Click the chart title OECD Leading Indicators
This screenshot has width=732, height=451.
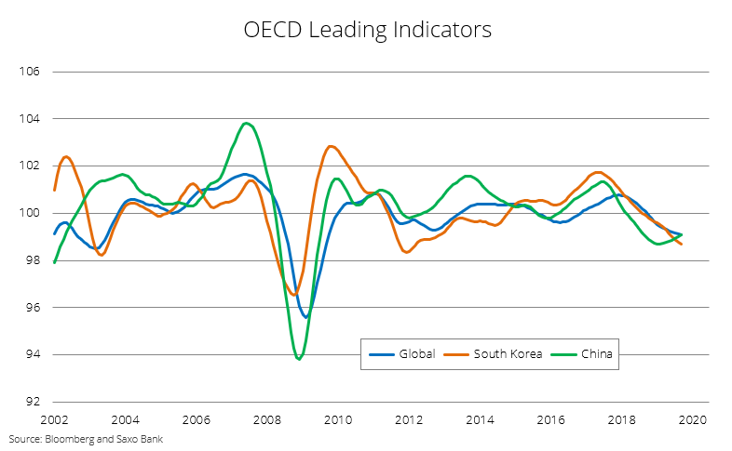[x=366, y=30]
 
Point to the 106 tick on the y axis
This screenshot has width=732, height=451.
[x=30, y=72]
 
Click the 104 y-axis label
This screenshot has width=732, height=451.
[x=30, y=119]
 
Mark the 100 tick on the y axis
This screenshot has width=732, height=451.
[x=30, y=213]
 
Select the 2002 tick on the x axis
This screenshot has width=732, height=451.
[x=54, y=419]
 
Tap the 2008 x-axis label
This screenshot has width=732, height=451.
[x=267, y=419]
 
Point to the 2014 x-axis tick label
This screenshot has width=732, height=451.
[x=480, y=419]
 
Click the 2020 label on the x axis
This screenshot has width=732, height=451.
[x=692, y=419]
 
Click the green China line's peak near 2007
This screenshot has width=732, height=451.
[x=246, y=123]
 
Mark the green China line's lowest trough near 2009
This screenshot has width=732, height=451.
[x=299, y=359]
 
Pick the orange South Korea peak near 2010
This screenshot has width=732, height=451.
[x=331, y=146]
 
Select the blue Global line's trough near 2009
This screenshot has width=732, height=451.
[x=305, y=317]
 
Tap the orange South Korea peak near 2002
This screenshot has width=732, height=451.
[x=66, y=156]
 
